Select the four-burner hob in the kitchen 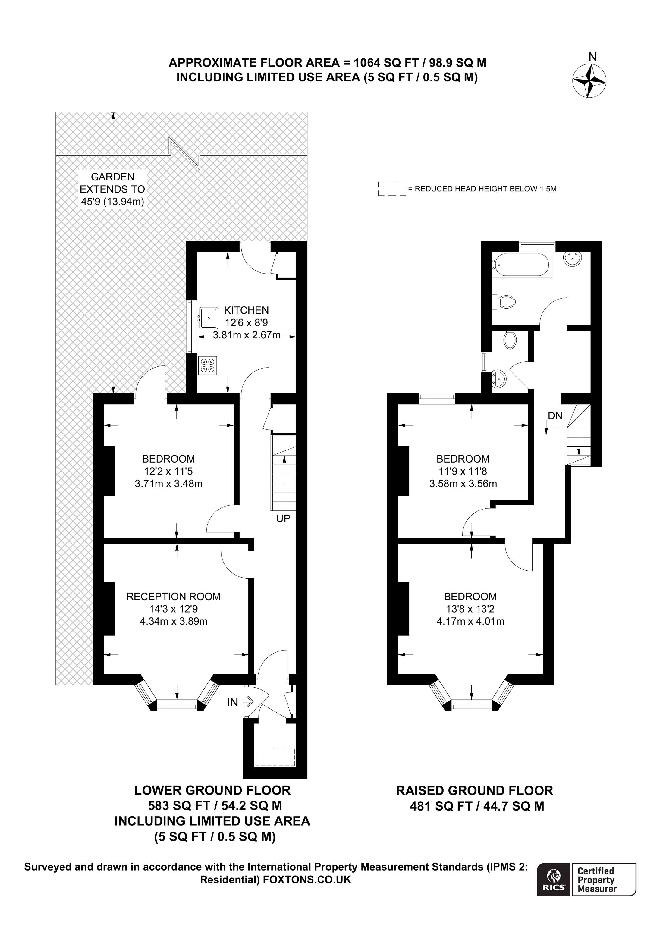208,365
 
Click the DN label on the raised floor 555,416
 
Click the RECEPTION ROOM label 174,597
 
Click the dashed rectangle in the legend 392,189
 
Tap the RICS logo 554,885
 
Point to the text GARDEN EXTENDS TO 112,183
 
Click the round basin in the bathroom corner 573,259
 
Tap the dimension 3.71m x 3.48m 169,484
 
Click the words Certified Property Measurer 596,885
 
